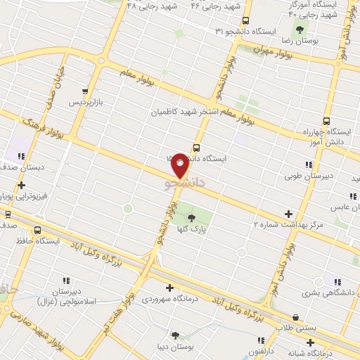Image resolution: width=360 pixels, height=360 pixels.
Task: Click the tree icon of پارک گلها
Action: (191, 217)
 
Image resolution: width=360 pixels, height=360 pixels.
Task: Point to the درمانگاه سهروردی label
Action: (169, 298)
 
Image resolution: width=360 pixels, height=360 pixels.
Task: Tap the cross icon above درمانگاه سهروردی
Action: (169, 287)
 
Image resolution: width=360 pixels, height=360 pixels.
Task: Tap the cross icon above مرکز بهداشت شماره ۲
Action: (288, 213)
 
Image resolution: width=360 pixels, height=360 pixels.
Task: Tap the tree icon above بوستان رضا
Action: (300, 30)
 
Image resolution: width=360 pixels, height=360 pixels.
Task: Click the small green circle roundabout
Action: (127, 208)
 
